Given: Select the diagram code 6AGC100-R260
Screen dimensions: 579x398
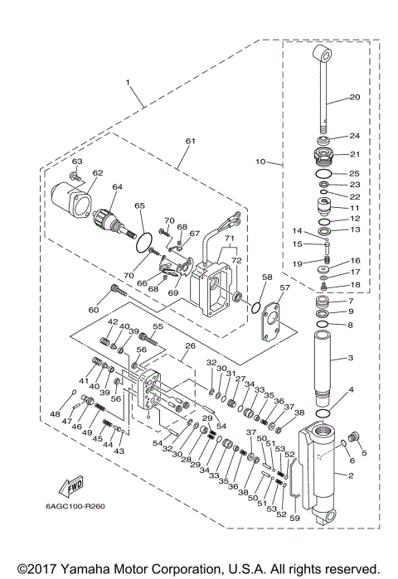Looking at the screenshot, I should pyautogui.click(x=79, y=507).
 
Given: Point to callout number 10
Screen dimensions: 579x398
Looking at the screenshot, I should pyautogui.click(x=261, y=162).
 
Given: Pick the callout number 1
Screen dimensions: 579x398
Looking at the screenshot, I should pyautogui.click(x=129, y=83).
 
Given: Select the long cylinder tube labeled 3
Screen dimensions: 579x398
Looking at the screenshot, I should pyautogui.click(x=324, y=357).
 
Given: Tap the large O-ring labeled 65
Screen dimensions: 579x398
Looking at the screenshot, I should pyautogui.click(x=143, y=241).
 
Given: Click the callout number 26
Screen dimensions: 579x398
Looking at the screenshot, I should pyautogui.click(x=190, y=346).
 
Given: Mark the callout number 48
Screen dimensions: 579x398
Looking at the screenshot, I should pyautogui.click(x=56, y=414).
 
